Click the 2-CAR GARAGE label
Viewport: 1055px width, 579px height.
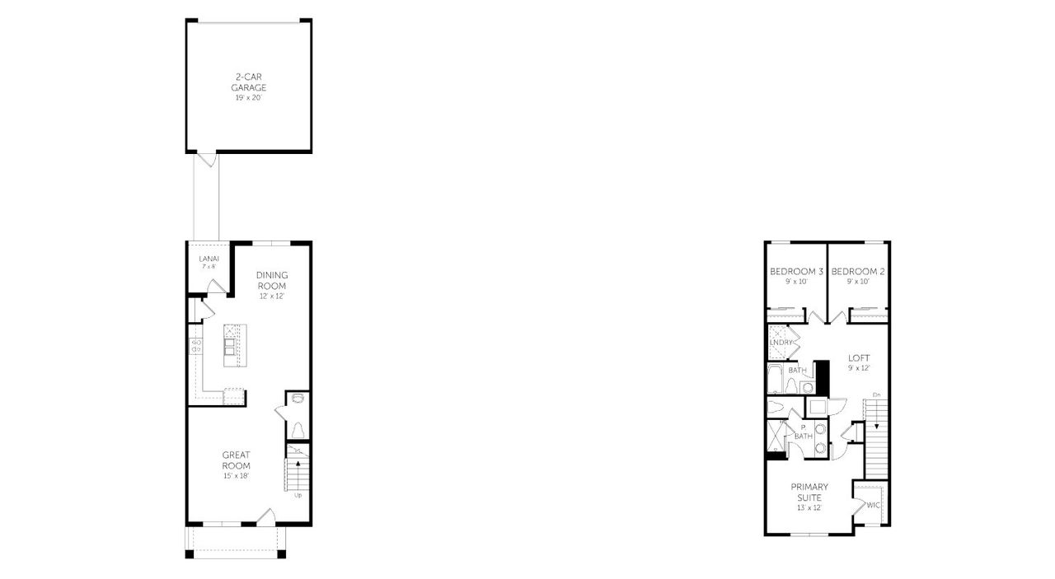click(248, 82)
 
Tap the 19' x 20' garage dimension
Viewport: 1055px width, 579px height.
click(248, 98)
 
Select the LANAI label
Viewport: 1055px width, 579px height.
click(209, 259)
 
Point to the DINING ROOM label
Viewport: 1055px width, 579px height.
click(270, 280)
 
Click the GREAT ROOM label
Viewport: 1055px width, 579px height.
click(236, 460)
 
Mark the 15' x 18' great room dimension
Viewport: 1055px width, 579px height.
click(236, 476)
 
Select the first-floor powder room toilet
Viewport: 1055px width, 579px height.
click(298, 430)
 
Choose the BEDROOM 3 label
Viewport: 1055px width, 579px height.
click(796, 272)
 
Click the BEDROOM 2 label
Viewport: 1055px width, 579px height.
click(858, 272)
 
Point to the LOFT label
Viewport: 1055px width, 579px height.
click(859, 358)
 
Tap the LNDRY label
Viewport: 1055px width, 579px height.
click(781, 342)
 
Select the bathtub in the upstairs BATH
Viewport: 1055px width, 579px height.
click(776, 380)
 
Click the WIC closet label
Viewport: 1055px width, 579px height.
click(874, 505)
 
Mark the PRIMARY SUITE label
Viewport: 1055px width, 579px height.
click(810, 492)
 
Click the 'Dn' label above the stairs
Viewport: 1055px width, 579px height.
click(876, 396)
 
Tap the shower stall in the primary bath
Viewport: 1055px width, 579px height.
click(776, 437)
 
